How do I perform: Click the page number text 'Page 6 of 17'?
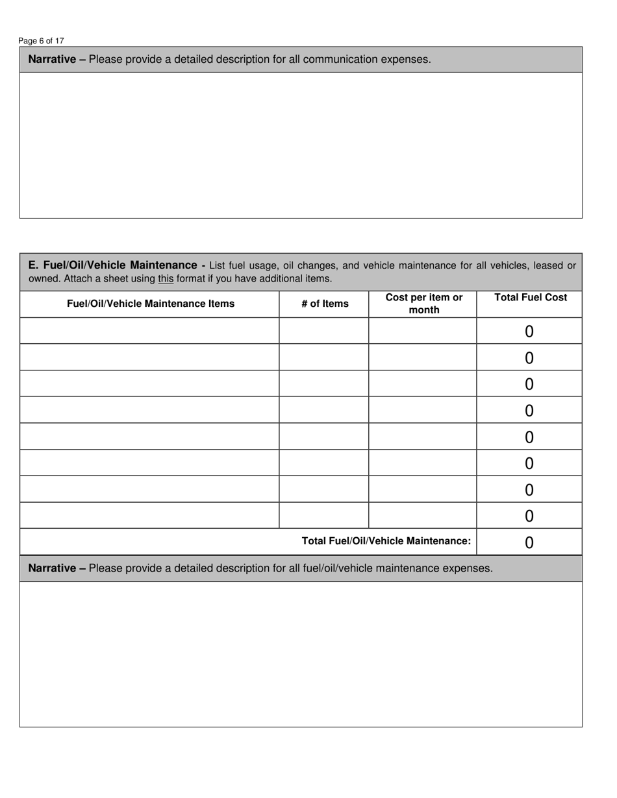[x=41, y=41]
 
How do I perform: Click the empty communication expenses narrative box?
[x=301, y=145]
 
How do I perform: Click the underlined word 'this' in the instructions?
[x=166, y=279]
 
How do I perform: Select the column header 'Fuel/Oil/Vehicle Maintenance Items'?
[x=151, y=304]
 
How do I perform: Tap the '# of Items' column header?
[x=325, y=304]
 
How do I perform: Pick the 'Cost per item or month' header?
[x=423, y=304]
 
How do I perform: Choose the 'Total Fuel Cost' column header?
[x=531, y=298]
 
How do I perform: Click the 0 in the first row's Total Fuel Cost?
[x=529, y=332]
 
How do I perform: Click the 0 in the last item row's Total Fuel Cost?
[x=529, y=516]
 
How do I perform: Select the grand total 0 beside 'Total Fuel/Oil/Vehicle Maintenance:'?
[x=529, y=542]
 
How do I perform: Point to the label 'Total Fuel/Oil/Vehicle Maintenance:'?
[x=386, y=541]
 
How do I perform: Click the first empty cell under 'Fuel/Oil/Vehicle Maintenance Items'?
[x=149, y=331]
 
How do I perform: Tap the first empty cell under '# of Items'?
[x=324, y=331]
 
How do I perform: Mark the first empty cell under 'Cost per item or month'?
[x=423, y=331]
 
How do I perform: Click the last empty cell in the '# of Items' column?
[x=324, y=515]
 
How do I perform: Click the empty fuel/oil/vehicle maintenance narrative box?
[x=301, y=654]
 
